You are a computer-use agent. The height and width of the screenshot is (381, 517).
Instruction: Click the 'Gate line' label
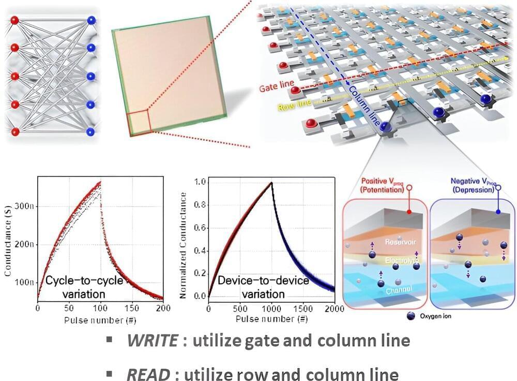click(277, 83)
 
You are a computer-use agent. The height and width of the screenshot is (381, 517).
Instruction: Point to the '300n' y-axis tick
click(25, 206)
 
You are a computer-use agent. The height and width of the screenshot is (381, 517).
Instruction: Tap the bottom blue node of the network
click(92, 131)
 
